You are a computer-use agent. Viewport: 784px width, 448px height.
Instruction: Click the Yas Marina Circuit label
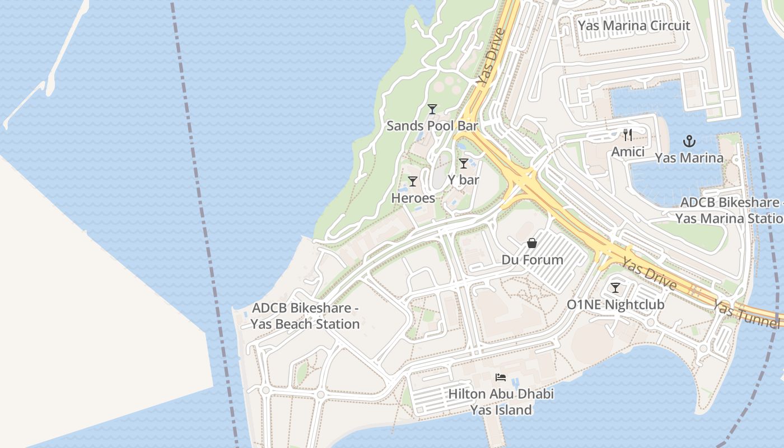click(634, 26)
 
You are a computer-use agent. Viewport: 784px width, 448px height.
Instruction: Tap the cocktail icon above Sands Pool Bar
click(432, 109)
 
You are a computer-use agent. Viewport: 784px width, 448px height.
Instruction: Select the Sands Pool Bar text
click(432, 125)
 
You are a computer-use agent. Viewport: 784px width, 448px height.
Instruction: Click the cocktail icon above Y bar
click(464, 164)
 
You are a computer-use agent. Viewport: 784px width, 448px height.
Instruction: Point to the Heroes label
click(413, 198)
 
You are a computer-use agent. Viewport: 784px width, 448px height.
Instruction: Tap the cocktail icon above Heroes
click(413, 181)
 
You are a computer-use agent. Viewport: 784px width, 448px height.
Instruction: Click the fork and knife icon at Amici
click(628, 135)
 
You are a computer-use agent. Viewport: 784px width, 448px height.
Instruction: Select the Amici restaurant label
click(628, 152)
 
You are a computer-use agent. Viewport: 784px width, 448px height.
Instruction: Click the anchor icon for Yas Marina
click(689, 141)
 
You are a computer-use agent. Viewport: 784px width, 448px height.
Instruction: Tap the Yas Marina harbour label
click(689, 158)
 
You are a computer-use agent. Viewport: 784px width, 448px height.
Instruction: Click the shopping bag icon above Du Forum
click(532, 243)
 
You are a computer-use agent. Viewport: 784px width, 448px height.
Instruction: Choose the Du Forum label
click(532, 260)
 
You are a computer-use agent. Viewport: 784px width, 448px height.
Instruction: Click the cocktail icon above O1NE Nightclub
click(615, 288)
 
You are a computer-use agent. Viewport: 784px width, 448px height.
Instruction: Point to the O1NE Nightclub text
click(615, 305)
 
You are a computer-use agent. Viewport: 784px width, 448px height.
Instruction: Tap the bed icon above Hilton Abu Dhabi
click(501, 377)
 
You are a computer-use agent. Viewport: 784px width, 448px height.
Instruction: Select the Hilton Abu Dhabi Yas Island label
click(501, 402)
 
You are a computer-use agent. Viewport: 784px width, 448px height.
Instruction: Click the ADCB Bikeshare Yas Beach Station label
click(305, 316)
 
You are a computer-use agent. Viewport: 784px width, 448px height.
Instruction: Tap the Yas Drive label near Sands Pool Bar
click(491, 57)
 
